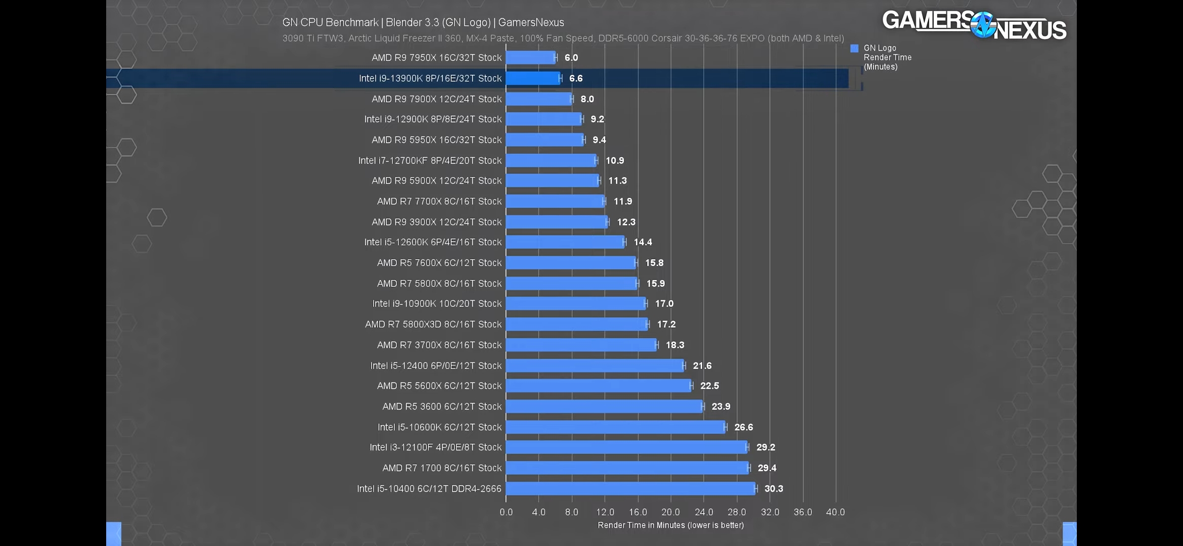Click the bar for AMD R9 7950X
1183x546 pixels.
click(530, 58)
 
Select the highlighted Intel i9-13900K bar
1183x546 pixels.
click(533, 78)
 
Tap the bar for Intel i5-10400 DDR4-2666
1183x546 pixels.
click(630, 488)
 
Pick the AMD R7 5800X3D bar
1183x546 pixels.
click(576, 324)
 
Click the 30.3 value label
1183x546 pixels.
click(773, 488)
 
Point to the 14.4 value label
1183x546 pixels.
click(643, 242)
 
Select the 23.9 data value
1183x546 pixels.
click(720, 406)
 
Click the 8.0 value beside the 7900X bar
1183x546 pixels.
click(587, 99)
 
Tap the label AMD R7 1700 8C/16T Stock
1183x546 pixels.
click(442, 468)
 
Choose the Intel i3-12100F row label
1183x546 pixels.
click(435, 447)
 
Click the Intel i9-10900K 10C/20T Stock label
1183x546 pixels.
click(437, 304)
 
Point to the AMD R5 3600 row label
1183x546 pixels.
click(442, 406)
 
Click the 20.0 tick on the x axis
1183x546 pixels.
click(670, 512)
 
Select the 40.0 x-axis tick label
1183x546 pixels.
click(835, 512)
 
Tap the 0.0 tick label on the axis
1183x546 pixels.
click(506, 512)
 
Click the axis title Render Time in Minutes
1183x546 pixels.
click(670, 525)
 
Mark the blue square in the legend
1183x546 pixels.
click(854, 49)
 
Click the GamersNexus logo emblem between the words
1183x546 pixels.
click(983, 25)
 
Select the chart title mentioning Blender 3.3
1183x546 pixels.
click(423, 22)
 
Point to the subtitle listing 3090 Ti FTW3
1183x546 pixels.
click(563, 38)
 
